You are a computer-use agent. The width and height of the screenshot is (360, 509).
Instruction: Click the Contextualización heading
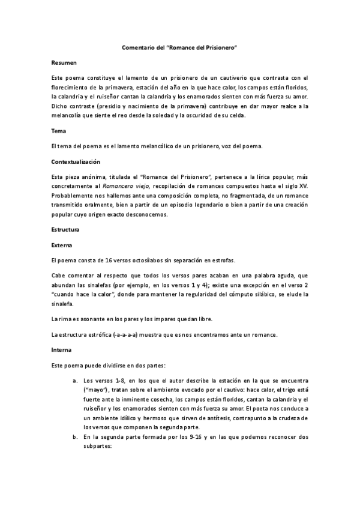click(76, 162)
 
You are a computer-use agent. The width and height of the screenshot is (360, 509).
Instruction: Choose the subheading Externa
click(62, 245)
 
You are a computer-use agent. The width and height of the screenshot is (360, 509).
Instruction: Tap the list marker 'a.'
click(75, 381)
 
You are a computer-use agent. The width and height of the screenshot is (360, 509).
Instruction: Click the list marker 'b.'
click(75, 438)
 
